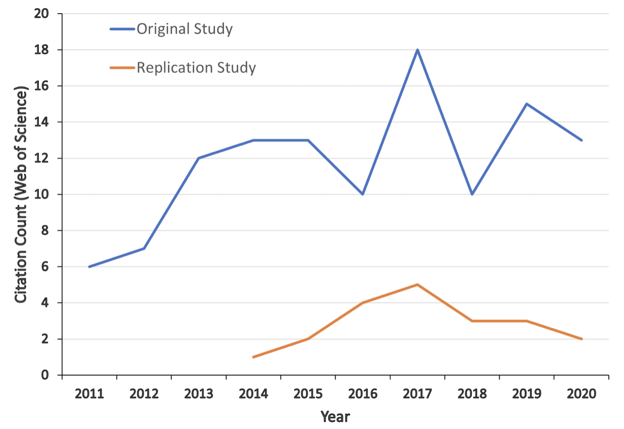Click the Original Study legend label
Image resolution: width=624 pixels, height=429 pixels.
tap(184, 29)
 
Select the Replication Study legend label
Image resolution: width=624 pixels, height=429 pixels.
tap(196, 68)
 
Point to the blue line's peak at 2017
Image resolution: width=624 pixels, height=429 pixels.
tap(417, 50)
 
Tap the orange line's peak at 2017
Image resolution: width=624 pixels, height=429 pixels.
tap(417, 284)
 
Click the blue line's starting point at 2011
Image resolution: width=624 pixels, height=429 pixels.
tap(89, 266)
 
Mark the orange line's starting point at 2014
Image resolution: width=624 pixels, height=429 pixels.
tap(253, 357)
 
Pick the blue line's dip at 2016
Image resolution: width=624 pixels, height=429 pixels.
tap(363, 194)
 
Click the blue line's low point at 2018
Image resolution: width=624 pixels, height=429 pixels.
tap(472, 194)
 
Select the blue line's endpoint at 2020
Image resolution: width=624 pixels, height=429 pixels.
tap(581, 140)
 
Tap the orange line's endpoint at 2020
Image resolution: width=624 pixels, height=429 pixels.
tap(581, 339)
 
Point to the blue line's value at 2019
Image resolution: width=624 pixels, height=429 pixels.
tap(527, 104)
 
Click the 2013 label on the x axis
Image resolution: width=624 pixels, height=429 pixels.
tap(199, 394)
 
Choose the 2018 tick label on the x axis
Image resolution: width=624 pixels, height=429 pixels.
tap(472, 394)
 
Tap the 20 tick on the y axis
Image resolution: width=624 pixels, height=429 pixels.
tap(43, 14)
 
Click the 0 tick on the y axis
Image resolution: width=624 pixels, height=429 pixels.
tap(45, 375)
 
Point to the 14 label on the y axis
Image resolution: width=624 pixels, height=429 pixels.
tap(43, 122)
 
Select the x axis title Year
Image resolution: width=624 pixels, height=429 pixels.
tap(335, 417)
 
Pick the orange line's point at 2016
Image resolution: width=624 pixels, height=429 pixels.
tap(363, 302)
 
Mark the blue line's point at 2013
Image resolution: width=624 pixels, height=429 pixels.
tap(199, 158)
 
